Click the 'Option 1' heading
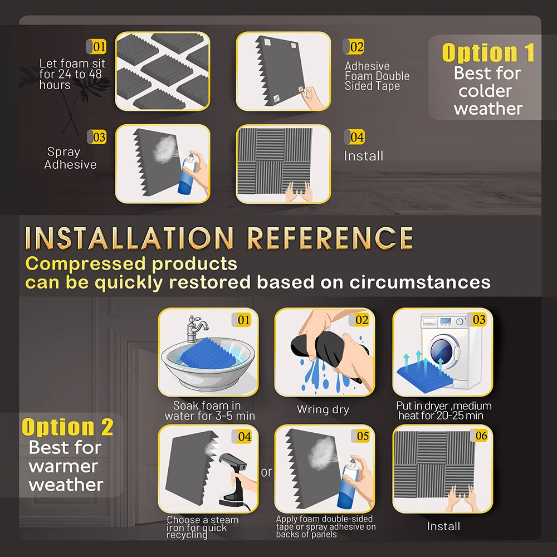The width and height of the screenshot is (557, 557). click(x=488, y=53)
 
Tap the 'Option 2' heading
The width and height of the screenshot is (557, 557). click(x=67, y=427)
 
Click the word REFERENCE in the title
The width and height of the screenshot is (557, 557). click(x=330, y=238)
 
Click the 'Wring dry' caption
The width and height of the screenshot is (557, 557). click(x=323, y=409)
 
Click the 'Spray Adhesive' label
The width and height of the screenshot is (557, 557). click(x=70, y=158)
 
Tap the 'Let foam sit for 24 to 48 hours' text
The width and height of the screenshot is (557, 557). click(x=71, y=74)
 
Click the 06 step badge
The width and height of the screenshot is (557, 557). click(x=481, y=436)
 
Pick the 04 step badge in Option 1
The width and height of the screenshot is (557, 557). click(x=356, y=137)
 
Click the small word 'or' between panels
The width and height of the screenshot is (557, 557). click(x=267, y=472)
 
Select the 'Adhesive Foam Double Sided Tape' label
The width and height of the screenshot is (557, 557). click(x=377, y=76)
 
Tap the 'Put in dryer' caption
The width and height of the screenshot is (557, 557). click(x=444, y=411)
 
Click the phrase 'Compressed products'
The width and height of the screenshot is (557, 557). click(x=131, y=263)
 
